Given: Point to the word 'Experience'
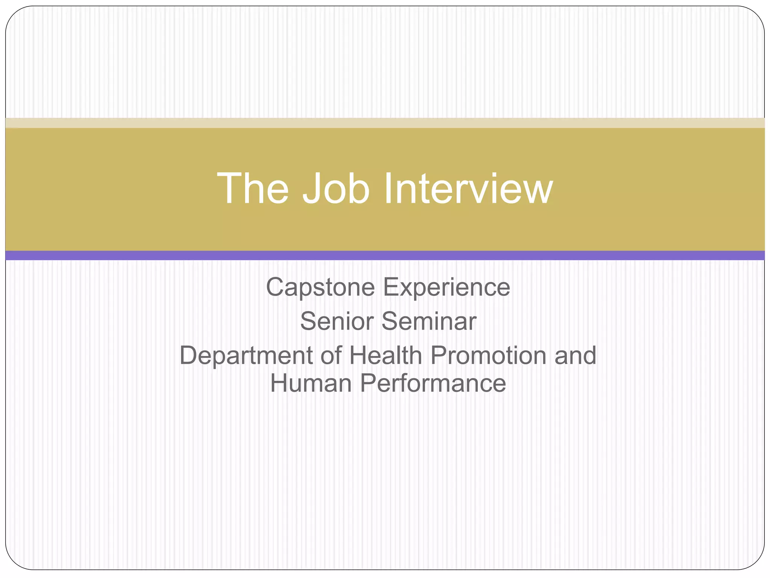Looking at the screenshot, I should pos(446,287).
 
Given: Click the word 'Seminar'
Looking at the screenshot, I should pos(429,321).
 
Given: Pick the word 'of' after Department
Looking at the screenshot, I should pos(331,355).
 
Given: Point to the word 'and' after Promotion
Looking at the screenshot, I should pos(575,355).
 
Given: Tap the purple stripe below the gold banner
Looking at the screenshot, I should pos(385,256).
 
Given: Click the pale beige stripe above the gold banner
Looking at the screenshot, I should pos(385,123).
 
